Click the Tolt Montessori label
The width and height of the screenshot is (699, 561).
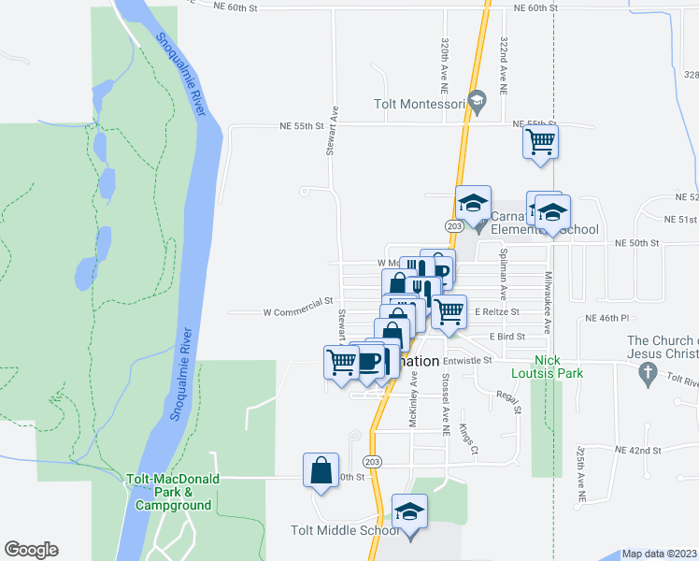pos(419,105)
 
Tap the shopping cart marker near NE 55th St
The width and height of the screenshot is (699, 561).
pos(541,143)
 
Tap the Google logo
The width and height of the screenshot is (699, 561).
pos(31,550)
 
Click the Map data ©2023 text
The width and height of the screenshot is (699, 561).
pos(659,554)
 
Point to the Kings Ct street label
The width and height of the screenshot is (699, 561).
pos(468,439)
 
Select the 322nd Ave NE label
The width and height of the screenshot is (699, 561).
pos(504,64)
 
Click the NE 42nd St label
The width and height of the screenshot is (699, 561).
pos(638,450)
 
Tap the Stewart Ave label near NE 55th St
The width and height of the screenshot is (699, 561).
pos(332,137)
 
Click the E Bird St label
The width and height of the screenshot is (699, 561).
pos(506,336)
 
